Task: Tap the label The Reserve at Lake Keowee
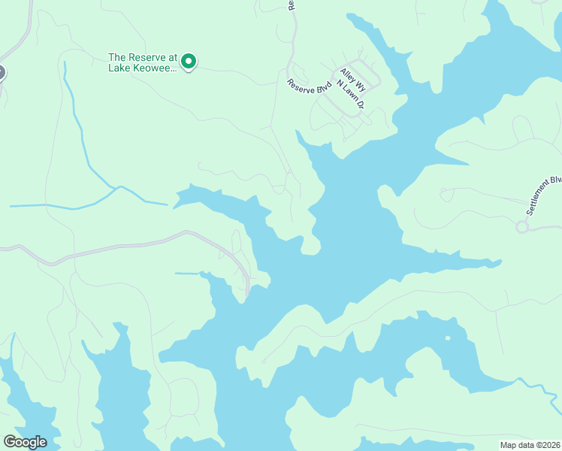(x=143, y=62)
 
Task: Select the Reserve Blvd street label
(x=310, y=86)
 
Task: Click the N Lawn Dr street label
(x=354, y=95)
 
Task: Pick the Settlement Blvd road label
(x=544, y=196)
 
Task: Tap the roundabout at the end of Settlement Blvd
(x=522, y=226)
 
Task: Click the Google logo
(x=25, y=442)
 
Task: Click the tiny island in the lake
(x=448, y=337)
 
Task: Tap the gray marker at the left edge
(x=1, y=73)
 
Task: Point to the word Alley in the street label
(x=346, y=74)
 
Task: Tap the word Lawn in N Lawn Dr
(x=354, y=95)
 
